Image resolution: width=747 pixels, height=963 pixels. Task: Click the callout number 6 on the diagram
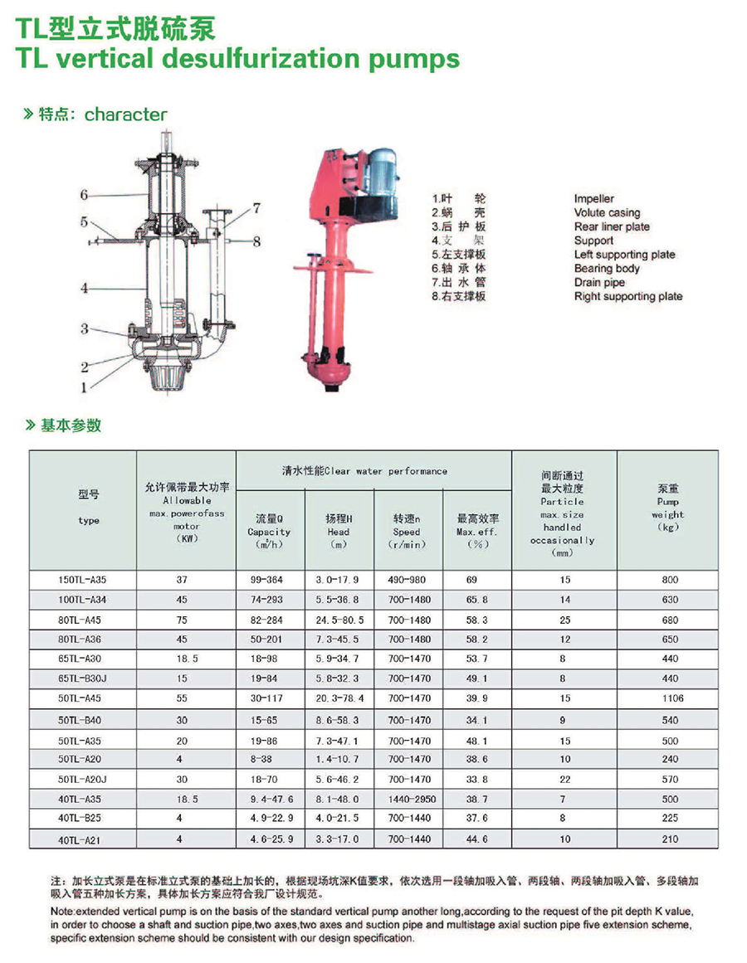point(84,195)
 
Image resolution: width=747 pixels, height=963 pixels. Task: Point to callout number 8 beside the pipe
point(256,241)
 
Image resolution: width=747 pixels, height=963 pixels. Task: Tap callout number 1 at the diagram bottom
point(84,387)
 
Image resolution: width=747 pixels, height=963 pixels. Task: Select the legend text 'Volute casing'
point(607,212)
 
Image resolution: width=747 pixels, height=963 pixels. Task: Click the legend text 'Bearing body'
point(607,269)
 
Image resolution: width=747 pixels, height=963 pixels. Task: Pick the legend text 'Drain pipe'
point(599,283)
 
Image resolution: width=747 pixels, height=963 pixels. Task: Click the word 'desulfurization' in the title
point(261,58)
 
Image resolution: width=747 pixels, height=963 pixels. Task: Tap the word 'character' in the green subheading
point(125,114)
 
